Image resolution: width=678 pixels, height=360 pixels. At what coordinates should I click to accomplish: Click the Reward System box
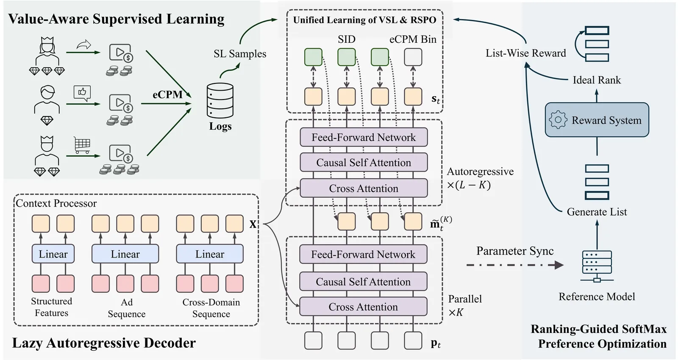pos(597,120)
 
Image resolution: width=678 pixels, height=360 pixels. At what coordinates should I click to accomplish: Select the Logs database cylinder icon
pos(220,100)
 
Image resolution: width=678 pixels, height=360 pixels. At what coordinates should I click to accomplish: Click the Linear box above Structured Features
pos(53,254)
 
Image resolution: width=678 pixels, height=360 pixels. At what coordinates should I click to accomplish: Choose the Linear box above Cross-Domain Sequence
pos(210,254)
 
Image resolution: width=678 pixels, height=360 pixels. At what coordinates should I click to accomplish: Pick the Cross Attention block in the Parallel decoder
pos(363,307)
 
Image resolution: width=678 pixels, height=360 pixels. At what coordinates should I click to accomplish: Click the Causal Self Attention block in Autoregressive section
pos(364,163)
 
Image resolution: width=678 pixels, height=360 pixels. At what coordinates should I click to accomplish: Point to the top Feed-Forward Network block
pos(364,137)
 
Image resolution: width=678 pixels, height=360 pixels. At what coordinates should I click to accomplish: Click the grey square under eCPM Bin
pos(413,57)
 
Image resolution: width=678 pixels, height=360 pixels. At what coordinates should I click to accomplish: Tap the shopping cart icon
pos(82,145)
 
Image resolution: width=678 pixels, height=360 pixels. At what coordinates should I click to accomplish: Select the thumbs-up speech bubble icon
pos(82,93)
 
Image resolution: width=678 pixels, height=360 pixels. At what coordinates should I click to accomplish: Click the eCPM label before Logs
pos(167,94)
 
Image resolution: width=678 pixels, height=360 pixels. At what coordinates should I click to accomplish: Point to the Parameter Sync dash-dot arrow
pos(514,265)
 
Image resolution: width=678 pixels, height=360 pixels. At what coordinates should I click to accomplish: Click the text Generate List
pos(597,212)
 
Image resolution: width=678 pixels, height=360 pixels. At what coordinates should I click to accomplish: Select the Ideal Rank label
pos(597,80)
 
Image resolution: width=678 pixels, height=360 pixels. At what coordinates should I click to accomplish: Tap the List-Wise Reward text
pos(525,53)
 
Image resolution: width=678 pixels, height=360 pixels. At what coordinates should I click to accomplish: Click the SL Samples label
pos(240,54)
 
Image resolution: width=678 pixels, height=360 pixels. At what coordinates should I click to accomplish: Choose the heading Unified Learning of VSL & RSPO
pos(364,20)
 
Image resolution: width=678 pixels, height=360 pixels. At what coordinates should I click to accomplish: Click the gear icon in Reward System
pos(558,120)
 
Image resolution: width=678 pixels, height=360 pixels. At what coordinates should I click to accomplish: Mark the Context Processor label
pos(56,203)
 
